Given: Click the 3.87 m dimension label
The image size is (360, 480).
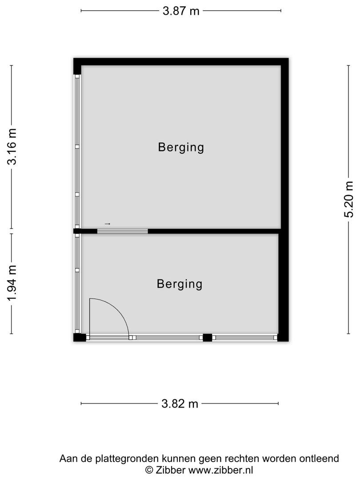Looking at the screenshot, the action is pyautogui.click(x=181, y=11).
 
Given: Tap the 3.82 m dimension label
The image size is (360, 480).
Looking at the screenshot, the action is pyautogui.click(x=180, y=404).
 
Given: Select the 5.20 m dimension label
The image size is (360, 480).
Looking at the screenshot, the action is pyautogui.click(x=349, y=200).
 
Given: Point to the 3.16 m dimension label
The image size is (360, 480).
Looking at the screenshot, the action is pyautogui.click(x=12, y=147).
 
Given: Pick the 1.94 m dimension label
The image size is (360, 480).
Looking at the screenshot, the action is pyautogui.click(x=12, y=283).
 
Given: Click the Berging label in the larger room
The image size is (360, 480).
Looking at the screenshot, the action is pyautogui.click(x=181, y=147).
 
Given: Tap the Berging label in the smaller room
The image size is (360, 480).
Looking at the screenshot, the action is pyautogui.click(x=180, y=284).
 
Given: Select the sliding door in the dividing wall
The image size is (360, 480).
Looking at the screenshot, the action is pyautogui.click(x=123, y=231).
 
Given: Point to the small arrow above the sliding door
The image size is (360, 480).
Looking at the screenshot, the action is pyautogui.click(x=108, y=224).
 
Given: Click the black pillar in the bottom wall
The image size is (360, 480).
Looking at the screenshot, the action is pyautogui.click(x=208, y=337).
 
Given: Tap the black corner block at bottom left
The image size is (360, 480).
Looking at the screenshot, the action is pyautogui.click(x=80, y=337).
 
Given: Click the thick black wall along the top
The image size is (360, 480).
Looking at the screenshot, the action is pyautogui.click(x=181, y=61).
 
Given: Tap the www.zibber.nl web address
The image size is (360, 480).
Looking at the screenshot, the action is pyautogui.click(x=220, y=470).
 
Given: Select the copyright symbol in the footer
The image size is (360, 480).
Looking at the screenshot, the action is pyautogui.click(x=149, y=470).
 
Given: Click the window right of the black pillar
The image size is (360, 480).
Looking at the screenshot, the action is pyautogui.click(x=244, y=338).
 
